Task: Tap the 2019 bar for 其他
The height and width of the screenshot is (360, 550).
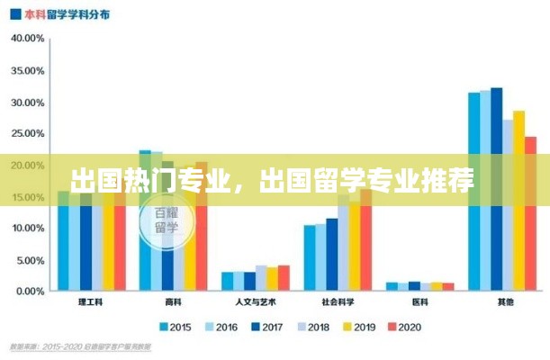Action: coord(518,202)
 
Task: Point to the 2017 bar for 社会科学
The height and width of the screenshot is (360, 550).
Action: coord(332,256)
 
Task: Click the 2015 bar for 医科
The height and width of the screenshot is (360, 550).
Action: coord(392,287)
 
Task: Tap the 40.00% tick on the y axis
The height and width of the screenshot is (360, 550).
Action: coord(28,39)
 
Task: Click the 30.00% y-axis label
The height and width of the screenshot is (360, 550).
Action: coord(28,102)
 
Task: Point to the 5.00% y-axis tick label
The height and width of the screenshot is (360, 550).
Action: coord(30,261)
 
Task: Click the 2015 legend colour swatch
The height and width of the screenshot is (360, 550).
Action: coord(165,327)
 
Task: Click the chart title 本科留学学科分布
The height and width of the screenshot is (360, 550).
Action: coord(63,15)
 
